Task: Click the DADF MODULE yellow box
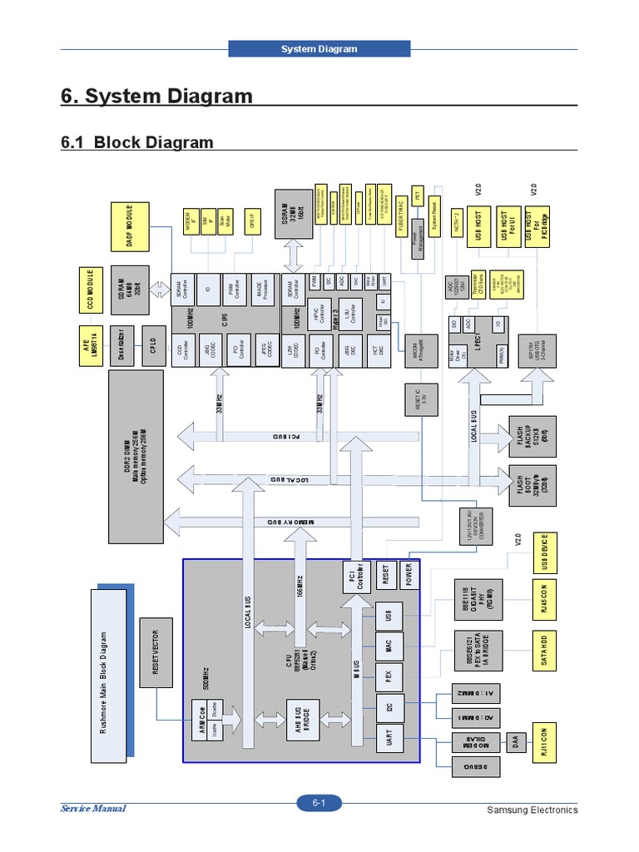[x=131, y=226]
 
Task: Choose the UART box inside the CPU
[x=389, y=738]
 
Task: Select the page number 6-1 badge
[x=319, y=803]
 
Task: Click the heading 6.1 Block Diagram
[x=137, y=142]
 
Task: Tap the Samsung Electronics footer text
[x=532, y=810]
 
